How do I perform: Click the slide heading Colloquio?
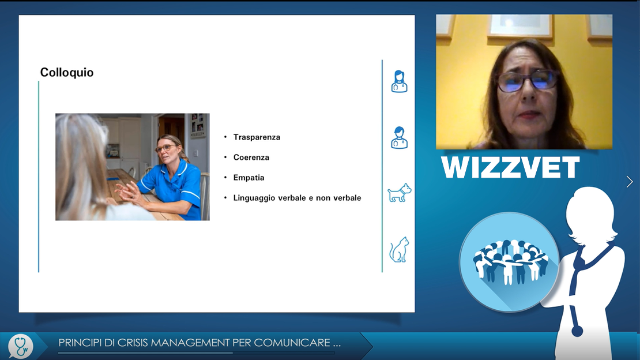pos(66,72)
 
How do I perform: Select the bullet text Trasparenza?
pos(257,137)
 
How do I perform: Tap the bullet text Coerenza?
pos(251,157)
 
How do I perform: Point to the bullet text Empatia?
pos(249,178)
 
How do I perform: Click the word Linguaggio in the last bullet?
pos(254,198)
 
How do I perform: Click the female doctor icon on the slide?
pos(399,81)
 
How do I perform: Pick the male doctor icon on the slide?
pos(399,137)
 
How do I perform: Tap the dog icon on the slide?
pos(399,193)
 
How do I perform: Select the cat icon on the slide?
pos(399,250)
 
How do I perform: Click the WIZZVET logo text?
pos(510,167)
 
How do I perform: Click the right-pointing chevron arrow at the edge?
pos(630,181)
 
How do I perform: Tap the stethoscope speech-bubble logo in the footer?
pos(21,347)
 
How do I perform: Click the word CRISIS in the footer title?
pos(132,343)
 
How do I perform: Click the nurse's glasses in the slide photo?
pos(164,148)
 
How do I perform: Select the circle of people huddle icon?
pos(509,261)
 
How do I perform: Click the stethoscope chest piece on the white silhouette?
pos(577,330)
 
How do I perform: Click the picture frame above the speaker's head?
pos(521,25)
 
